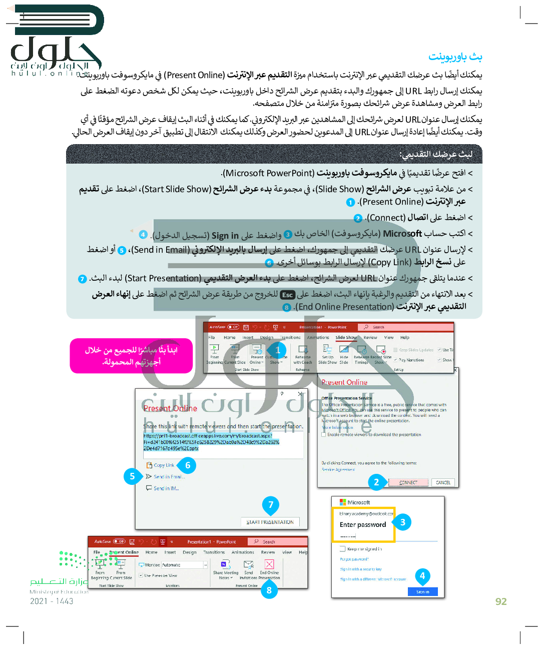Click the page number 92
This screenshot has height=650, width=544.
[x=501, y=601]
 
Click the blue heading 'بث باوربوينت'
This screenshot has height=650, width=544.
[x=455, y=57]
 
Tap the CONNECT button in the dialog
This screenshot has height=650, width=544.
[x=408, y=482]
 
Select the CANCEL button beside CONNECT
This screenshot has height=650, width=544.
[x=443, y=482]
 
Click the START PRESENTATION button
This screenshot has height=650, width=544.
[x=270, y=522]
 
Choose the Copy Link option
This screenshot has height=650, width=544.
[x=164, y=465]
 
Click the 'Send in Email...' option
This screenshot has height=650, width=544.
[x=168, y=477]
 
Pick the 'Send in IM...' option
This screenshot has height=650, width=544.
[x=166, y=488]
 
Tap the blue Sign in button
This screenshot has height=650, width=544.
[x=422, y=592]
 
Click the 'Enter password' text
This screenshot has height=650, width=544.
[x=363, y=525]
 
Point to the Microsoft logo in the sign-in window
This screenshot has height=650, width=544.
[x=343, y=502]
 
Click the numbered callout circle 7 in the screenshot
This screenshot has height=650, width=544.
[x=271, y=505]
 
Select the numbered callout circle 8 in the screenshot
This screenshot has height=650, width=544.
[x=269, y=590]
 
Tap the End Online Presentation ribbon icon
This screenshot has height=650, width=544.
[x=269, y=565]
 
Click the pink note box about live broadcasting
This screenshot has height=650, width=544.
[x=131, y=356]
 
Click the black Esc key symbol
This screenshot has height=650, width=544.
[x=287, y=295]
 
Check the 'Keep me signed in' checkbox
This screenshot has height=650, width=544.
[x=343, y=549]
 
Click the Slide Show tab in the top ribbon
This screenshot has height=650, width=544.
[x=346, y=337]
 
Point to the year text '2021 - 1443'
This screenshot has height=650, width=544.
[x=52, y=601]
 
